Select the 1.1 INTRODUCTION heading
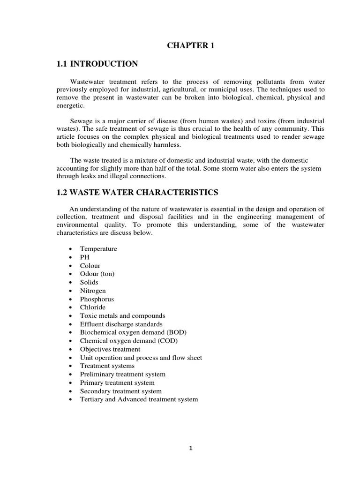tap(97, 64)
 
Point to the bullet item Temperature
tap(98, 249)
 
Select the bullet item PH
tap(84, 257)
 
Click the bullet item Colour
tap(90, 266)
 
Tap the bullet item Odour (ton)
tap(97, 274)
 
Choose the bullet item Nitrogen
tap(93, 291)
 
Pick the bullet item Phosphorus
tap(97, 299)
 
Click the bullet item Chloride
tap(93, 307)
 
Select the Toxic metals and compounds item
tap(122, 316)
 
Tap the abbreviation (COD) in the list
tap(167, 341)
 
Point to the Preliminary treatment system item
tap(122, 375)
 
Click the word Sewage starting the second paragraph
tap(81, 121)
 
